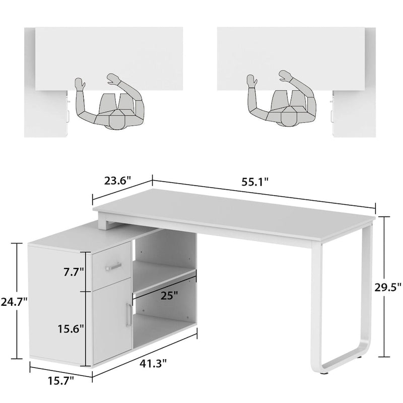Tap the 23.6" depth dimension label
[118, 180]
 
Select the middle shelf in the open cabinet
[164, 280]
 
